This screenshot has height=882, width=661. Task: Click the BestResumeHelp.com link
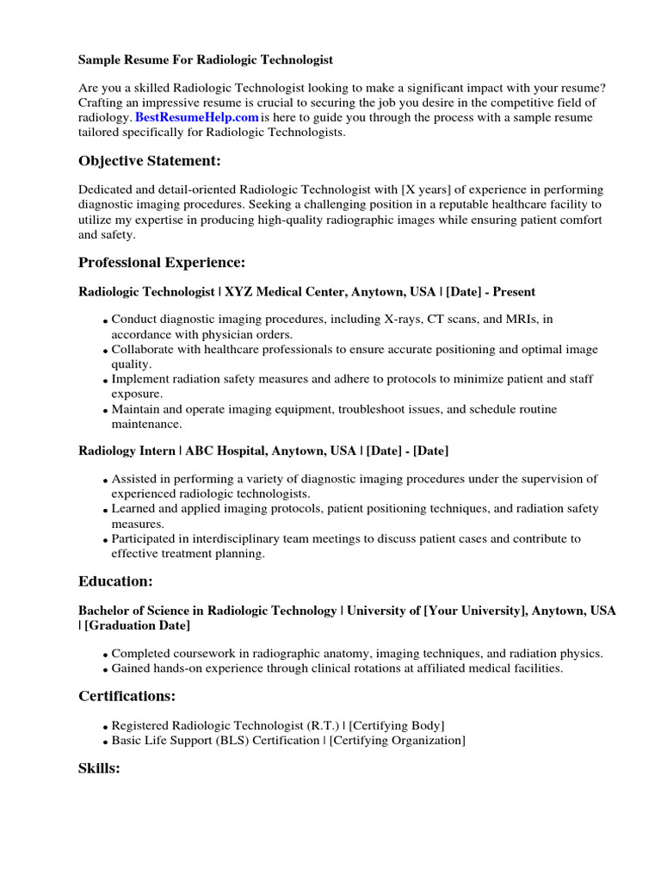[197, 117]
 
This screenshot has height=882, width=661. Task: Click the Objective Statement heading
[150, 161]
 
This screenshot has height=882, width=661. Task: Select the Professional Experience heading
[162, 263]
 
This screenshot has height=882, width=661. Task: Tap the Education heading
[115, 581]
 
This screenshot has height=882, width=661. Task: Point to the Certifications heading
[127, 696]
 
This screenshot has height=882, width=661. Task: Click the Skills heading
[99, 767]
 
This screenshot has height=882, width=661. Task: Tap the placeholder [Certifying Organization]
[398, 741]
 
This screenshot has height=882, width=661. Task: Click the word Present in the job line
[513, 293]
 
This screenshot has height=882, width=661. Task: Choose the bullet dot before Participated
[105, 541]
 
